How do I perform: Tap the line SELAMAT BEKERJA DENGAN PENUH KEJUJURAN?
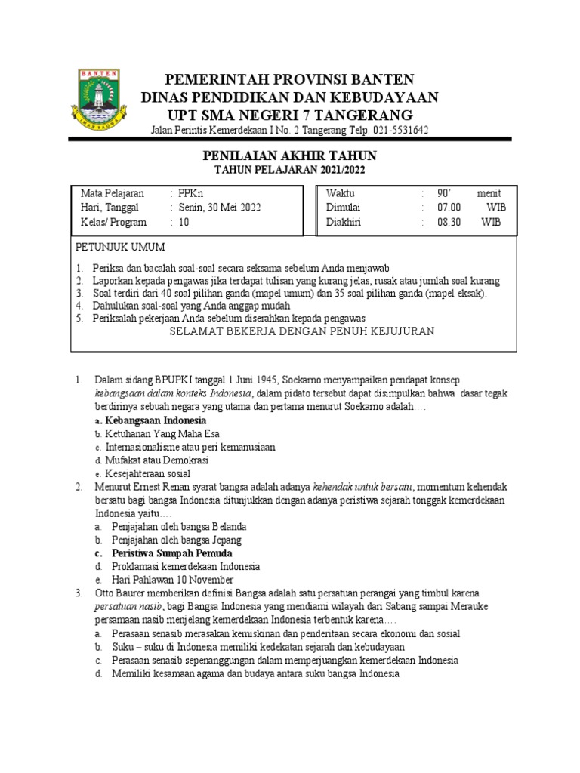(301, 331)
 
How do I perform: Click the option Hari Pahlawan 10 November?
(172, 580)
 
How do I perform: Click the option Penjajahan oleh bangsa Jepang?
(176, 540)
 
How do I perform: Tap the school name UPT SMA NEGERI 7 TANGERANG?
(290, 115)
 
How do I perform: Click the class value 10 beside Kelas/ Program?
(184, 223)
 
